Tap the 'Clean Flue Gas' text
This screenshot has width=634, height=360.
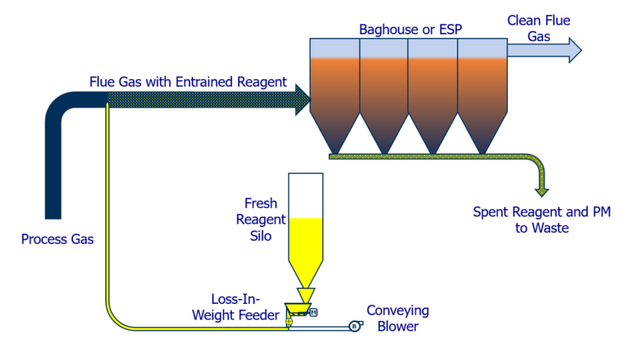point(539,29)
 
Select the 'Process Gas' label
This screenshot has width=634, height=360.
point(57,239)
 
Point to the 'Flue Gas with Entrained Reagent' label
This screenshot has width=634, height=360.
point(188,82)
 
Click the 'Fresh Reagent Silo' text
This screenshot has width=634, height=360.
point(261,221)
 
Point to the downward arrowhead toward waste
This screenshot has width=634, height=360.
point(542,190)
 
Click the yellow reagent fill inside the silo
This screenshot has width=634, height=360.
point(304,242)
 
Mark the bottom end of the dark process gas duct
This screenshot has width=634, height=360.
point(53,213)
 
